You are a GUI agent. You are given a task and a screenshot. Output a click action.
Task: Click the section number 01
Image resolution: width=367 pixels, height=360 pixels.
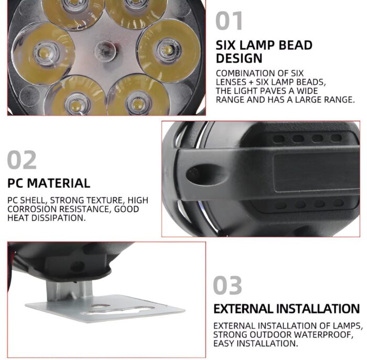(230, 21)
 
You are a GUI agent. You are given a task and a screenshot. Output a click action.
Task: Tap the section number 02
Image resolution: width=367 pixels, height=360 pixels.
(23, 160)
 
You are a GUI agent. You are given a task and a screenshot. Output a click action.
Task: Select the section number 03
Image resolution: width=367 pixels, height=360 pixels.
(228, 286)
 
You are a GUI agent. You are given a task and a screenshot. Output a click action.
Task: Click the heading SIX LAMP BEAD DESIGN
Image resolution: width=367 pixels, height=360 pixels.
(264, 51)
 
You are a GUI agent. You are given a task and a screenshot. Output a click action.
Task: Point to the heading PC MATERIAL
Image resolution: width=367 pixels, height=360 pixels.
(49, 183)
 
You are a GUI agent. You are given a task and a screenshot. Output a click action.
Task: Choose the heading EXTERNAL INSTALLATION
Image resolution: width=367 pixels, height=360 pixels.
(286, 309)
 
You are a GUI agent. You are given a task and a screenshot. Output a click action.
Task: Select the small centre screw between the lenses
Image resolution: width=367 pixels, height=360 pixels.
(104, 50)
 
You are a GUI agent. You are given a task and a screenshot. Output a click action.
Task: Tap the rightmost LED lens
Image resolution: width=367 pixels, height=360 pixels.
(167, 50)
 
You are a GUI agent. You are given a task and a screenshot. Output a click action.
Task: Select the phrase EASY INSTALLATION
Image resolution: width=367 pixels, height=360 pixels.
(256, 344)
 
